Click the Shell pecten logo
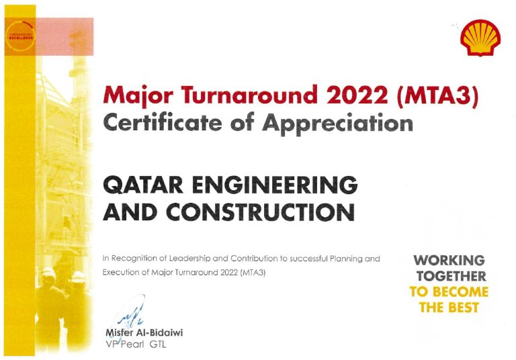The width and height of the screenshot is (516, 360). click(480, 38)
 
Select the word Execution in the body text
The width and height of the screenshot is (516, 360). click(119, 273)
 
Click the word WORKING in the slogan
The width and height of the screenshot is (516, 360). click(449, 260)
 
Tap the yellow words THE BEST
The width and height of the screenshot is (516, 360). click(449, 308)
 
